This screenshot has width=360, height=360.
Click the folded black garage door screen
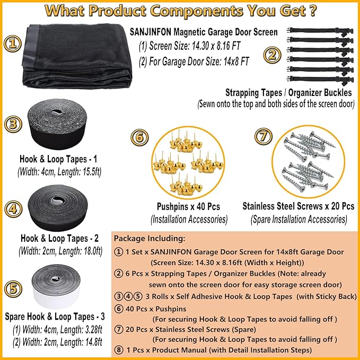click(77, 56)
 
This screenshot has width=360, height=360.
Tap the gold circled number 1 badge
click(13, 43)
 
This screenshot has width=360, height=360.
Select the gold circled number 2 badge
click(273, 55)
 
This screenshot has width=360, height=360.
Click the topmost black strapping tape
click(320, 31)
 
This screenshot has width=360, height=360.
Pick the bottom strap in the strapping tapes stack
click(320, 80)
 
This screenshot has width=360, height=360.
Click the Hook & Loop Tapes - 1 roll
click(57, 124)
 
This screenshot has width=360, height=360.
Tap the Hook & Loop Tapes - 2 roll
click(58, 208)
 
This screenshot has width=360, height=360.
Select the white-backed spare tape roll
click(56, 286)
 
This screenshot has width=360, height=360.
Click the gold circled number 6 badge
click(139, 137)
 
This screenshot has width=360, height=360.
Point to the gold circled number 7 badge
click(264, 136)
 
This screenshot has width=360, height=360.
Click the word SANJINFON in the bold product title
click(151, 32)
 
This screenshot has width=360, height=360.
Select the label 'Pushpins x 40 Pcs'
click(188, 206)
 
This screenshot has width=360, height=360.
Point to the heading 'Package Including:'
click(150, 238)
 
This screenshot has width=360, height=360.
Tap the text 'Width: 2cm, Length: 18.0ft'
click(60, 251)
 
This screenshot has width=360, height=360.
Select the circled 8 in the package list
click(119, 350)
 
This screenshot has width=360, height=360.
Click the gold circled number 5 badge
click(13, 289)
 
